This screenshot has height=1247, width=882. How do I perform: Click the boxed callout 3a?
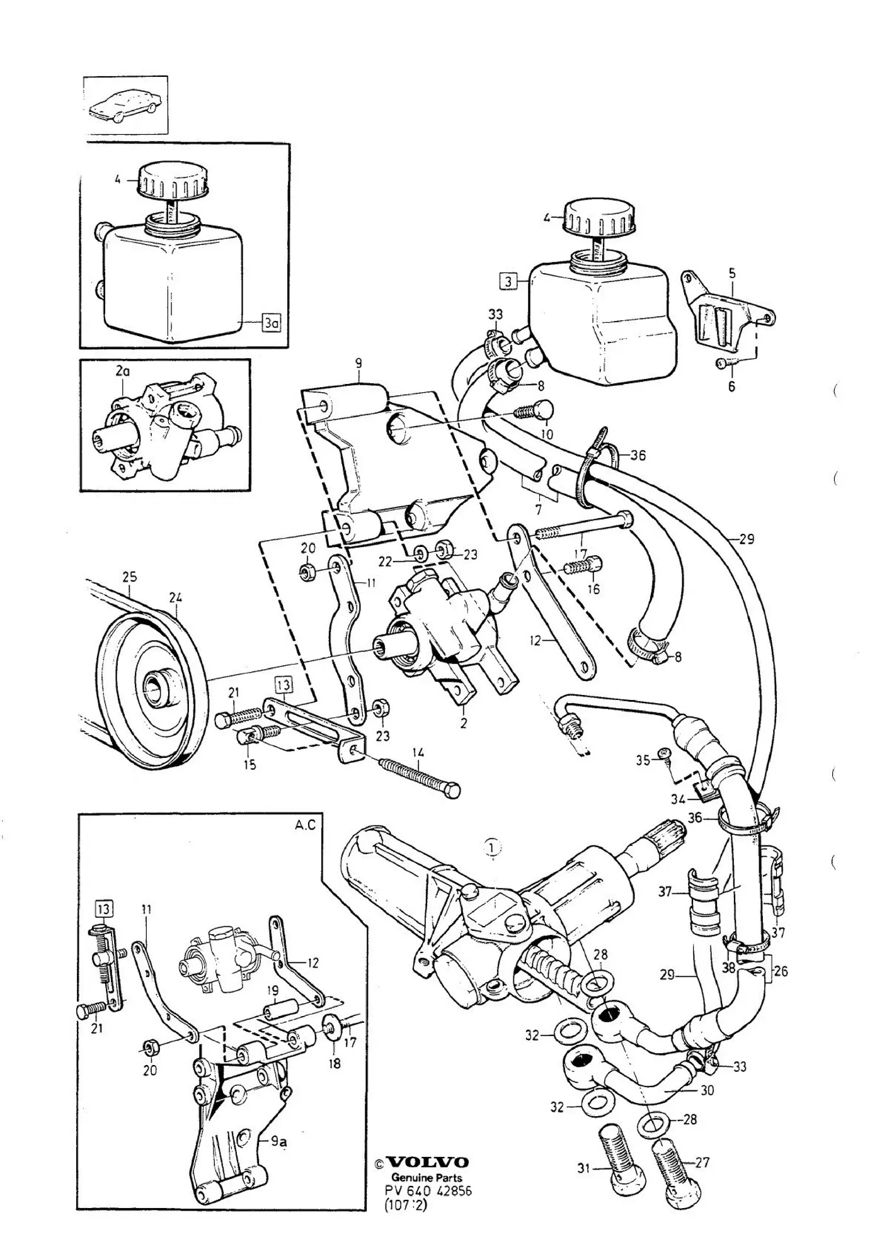point(272,324)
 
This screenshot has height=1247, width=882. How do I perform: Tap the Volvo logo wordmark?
point(427,1162)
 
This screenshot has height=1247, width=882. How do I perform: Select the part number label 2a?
point(123,371)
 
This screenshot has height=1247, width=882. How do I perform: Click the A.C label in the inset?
point(305,825)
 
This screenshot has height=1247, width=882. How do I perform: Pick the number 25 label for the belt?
point(129,577)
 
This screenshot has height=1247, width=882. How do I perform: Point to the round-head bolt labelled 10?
point(535,412)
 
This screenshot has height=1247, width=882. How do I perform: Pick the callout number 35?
point(643,760)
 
